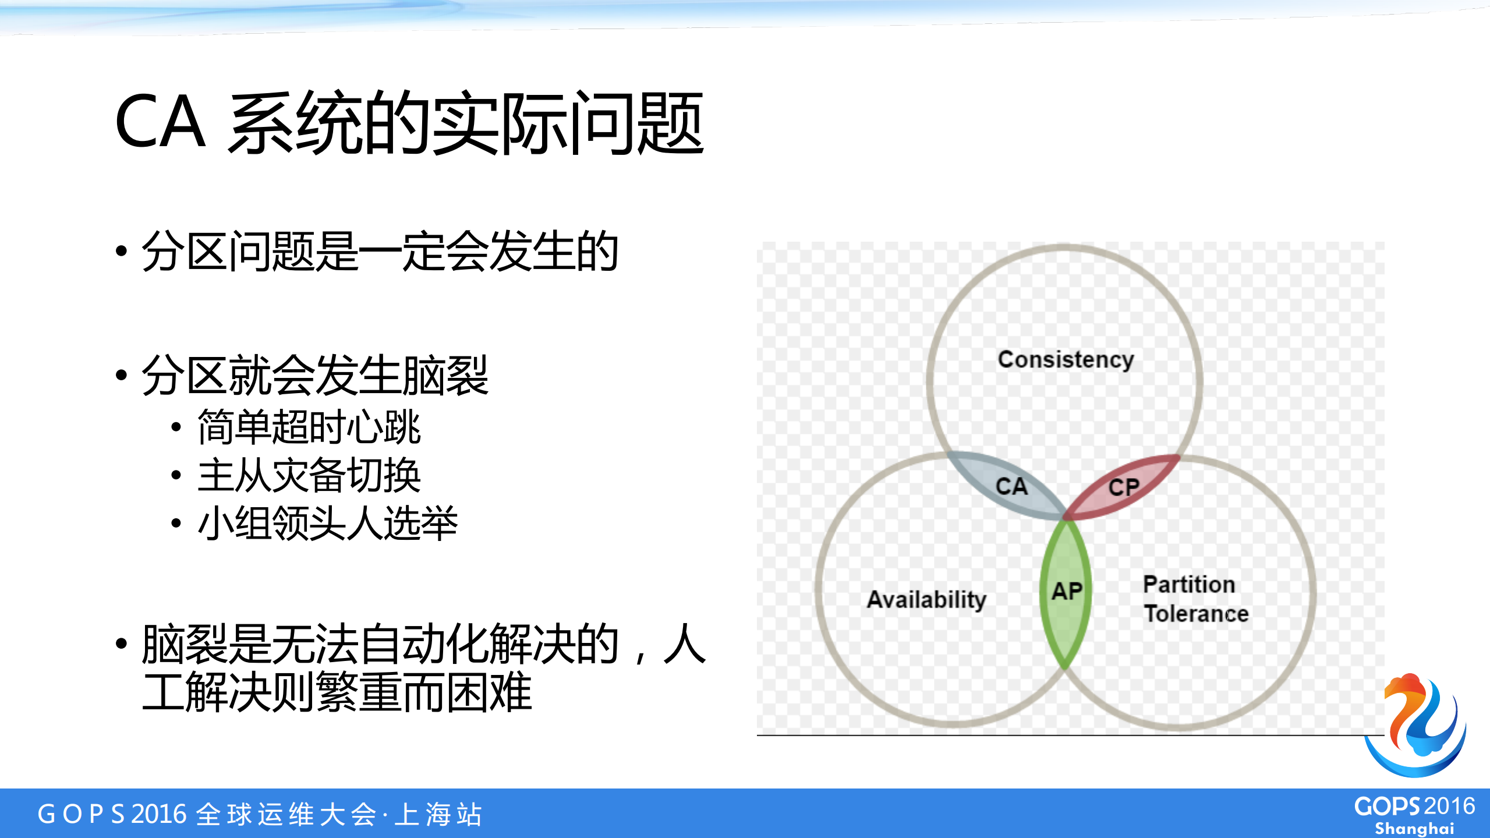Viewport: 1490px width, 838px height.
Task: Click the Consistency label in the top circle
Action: tap(1066, 360)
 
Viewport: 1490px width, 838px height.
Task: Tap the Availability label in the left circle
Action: tap(926, 599)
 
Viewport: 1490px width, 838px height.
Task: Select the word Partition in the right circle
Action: tap(1188, 584)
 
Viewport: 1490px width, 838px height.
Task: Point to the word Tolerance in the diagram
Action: tap(1196, 614)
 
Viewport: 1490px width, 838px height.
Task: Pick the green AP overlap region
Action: tap(1066, 592)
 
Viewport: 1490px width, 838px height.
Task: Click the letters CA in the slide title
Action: tap(160, 122)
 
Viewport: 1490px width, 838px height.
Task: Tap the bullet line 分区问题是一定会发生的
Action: tap(379, 252)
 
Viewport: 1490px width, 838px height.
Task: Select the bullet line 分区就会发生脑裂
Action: tap(314, 376)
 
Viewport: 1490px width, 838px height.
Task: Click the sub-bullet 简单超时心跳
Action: tap(309, 427)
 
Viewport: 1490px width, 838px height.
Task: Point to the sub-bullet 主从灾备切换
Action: tap(309, 475)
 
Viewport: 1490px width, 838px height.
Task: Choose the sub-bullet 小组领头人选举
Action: tap(327, 523)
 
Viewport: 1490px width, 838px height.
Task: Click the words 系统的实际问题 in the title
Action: tap(466, 123)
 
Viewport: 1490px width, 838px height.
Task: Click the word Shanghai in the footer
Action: tap(1414, 828)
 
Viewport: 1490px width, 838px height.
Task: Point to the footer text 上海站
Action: tap(438, 814)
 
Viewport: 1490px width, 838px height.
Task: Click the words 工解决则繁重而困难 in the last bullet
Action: tap(337, 692)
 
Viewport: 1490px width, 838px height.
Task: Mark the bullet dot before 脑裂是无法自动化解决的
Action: tap(121, 643)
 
